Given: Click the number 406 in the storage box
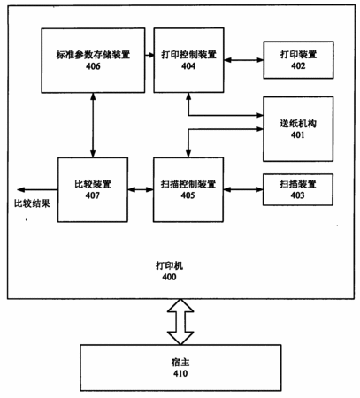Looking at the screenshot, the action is coord(93,66).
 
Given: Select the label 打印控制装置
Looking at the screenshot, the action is coord(188,55).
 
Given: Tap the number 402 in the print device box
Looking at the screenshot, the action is coord(298,65).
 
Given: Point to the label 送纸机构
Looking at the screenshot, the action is coord(298,124).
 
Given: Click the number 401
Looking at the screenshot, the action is coord(298,135).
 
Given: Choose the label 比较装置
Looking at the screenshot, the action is coord(93,184).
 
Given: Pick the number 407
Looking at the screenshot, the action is coord(93,195).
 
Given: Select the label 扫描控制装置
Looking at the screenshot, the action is coord(188,184).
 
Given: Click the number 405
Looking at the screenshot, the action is coord(188,195).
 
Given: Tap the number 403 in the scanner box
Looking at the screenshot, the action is coord(297,195).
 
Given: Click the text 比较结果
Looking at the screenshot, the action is coord(32,203).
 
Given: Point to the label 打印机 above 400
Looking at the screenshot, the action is coord(170,265).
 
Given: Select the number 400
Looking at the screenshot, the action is coord(170,277).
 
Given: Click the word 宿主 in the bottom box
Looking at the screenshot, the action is coord(180,363).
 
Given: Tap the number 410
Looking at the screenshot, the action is coord(180,373).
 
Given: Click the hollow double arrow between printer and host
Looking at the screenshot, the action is coord(180,322).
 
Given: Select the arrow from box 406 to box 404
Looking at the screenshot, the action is coord(149,55).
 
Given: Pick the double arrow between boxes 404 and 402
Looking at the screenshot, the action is coord(243,60).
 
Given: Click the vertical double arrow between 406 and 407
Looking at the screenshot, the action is coord(93,125).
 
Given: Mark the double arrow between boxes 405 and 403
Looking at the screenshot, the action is coord(243,189).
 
